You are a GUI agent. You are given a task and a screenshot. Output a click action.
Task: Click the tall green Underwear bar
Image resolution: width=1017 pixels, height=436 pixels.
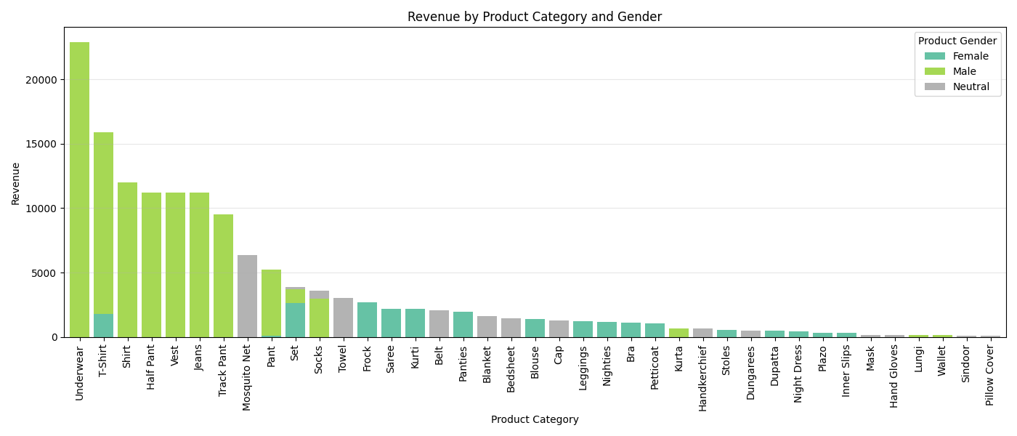tap(80, 189)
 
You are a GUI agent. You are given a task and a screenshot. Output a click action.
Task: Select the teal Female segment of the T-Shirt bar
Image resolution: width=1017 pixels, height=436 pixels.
tap(104, 326)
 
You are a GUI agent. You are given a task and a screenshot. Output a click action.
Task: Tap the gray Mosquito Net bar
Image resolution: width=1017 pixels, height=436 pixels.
tap(247, 296)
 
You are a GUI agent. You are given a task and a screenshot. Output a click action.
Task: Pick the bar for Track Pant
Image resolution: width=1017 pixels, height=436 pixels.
tap(223, 275)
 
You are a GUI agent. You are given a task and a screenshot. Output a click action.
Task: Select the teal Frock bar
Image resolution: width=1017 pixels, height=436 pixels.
tap(367, 320)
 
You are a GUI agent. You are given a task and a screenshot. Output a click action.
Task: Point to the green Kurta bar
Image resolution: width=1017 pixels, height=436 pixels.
tap(678, 333)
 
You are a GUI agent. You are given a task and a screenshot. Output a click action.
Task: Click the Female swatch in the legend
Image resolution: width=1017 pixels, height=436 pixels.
tap(934, 57)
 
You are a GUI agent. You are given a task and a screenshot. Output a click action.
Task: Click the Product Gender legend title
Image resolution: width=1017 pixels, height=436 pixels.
tap(957, 41)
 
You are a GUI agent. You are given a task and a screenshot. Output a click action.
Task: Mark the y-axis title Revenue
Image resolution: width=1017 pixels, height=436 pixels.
tap(16, 183)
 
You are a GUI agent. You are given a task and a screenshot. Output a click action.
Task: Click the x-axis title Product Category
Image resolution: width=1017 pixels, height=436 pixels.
tap(535, 420)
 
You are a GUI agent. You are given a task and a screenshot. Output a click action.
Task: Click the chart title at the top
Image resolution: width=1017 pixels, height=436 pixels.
tap(535, 17)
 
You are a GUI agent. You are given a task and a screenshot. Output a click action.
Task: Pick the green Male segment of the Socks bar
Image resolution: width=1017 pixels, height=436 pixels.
tap(319, 318)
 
